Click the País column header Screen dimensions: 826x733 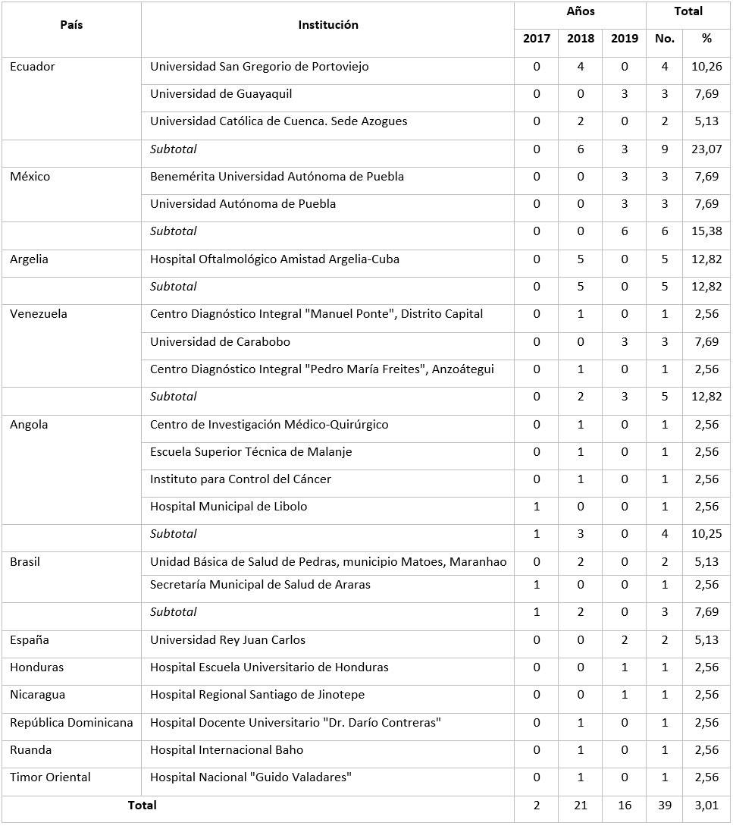[71, 25]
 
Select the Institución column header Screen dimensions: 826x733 [327, 25]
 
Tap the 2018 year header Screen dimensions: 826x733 [581, 39]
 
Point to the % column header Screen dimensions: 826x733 [706, 39]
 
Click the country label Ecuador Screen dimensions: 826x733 [33, 67]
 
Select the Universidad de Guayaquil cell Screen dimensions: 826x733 [221, 94]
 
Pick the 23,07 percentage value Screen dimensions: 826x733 [706, 149]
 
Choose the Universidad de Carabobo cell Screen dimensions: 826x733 [220, 342]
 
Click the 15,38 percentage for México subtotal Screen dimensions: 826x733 [706, 231]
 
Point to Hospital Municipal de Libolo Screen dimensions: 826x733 [228, 507]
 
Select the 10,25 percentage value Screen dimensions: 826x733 [706, 534]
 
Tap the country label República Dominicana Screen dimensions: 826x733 [71, 723]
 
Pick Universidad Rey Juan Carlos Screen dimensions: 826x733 [227, 640]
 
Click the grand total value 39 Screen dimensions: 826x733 [664, 806]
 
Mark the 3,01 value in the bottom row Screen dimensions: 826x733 [706, 806]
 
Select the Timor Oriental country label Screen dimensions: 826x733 [50, 777]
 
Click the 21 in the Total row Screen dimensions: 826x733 [581, 806]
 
